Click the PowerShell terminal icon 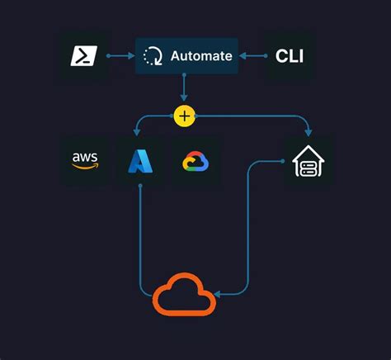click(x=83, y=55)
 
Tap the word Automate click(x=201, y=56)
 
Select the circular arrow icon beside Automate click(x=153, y=56)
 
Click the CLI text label click(x=289, y=56)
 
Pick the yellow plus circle click(x=184, y=116)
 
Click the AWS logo click(x=84, y=160)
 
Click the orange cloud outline click(x=184, y=295)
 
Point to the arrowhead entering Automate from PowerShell click(x=131, y=56)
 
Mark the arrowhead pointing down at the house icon click(x=308, y=131)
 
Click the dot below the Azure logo click(x=139, y=186)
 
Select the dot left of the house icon click(x=283, y=161)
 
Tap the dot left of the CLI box click(x=265, y=56)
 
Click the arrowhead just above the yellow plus click(x=184, y=100)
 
